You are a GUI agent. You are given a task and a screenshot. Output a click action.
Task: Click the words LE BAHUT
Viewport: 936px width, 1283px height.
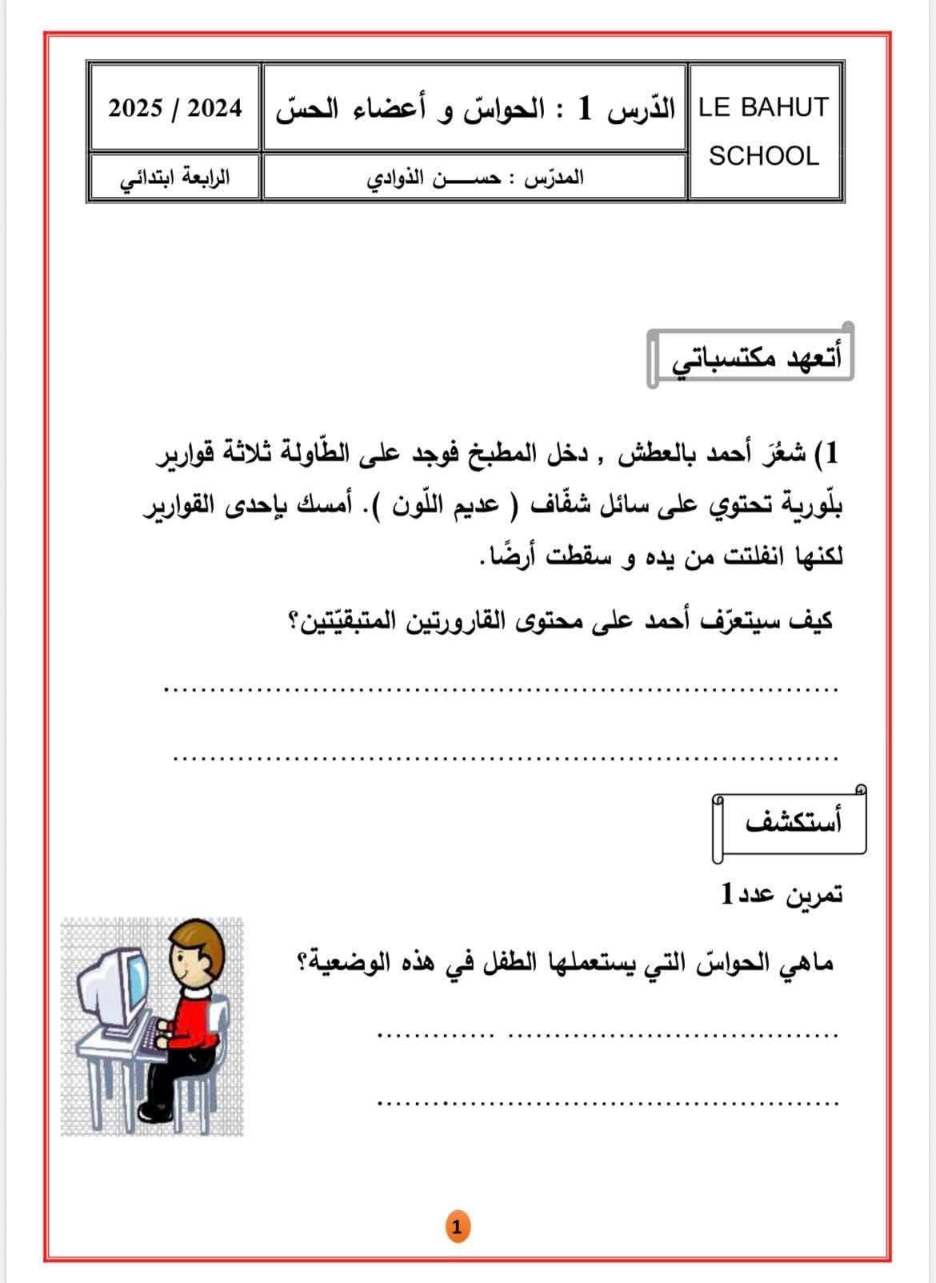click(x=763, y=107)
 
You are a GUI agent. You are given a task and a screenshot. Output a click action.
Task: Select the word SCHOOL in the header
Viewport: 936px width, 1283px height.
click(x=764, y=156)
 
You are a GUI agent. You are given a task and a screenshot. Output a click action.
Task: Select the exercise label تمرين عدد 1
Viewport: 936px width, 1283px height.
click(x=780, y=893)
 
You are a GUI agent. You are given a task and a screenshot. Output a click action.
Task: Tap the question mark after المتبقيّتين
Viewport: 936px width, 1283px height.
click(x=293, y=623)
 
